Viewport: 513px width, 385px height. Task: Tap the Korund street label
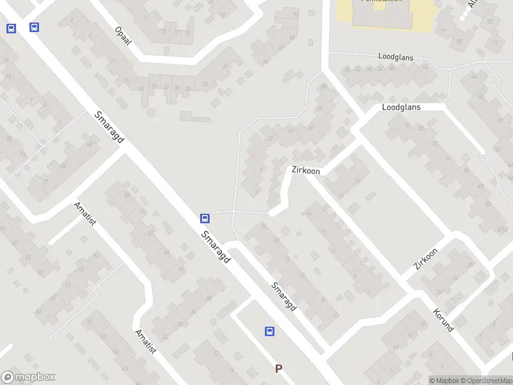(443, 320)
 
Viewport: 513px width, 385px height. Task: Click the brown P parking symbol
(278, 368)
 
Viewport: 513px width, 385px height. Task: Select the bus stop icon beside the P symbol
(270, 331)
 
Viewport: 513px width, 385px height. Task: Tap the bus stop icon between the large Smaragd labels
(205, 218)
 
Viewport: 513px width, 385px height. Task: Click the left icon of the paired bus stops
(11, 28)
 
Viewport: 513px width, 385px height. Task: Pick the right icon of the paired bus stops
(34, 27)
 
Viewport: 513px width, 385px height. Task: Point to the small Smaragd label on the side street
(283, 297)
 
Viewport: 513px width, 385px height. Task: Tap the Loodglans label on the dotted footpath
(396, 57)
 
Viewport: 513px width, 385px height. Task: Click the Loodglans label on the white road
(401, 107)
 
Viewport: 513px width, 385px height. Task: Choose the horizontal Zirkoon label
(305, 171)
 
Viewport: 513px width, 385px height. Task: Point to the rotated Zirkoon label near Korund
(426, 259)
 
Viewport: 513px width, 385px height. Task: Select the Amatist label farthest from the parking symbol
(85, 214)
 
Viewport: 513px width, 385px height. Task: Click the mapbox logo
(28, 377)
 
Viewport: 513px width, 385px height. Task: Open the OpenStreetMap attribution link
(485, 381)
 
